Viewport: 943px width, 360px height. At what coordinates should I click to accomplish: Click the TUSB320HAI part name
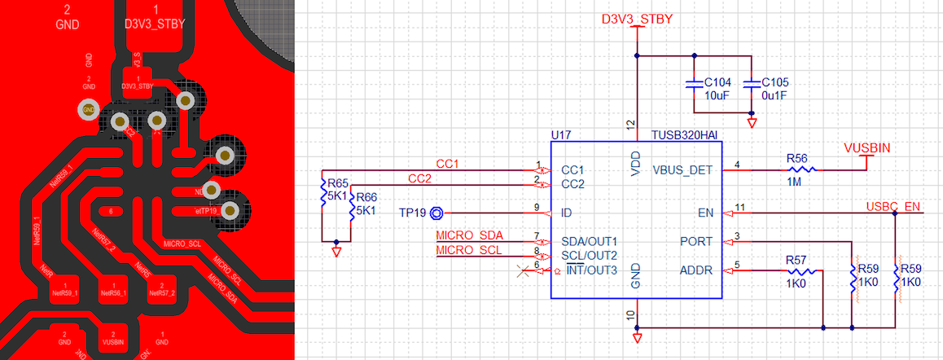point(687,134)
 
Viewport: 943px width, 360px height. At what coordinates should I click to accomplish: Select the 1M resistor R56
point(801,169)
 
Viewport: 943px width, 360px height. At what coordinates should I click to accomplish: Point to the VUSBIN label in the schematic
point(866,148)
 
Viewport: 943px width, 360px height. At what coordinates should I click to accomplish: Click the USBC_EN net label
point(893,206)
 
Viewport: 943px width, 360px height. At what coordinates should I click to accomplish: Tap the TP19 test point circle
point(436,213)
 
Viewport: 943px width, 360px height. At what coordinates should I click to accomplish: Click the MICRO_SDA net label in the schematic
point(469,235)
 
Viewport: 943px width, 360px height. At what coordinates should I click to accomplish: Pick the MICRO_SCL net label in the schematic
point(469,249)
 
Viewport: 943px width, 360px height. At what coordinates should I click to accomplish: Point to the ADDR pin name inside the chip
point(696,270)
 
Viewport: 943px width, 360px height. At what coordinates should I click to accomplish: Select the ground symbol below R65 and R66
point(336,252)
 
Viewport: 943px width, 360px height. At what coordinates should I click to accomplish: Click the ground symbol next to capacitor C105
point(751,123)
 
